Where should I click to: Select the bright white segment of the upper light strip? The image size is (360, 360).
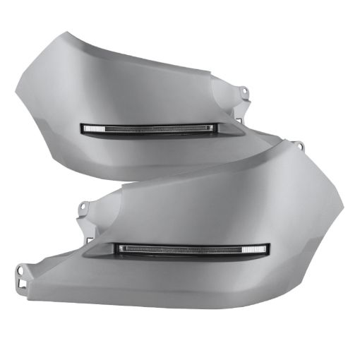[x=95, y=128]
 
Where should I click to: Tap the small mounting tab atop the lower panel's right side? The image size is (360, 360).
[x=299, y=146]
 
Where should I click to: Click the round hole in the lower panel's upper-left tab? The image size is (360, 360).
[x=83, y=206]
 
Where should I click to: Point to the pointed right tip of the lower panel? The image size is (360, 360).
[x=343, y=205]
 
